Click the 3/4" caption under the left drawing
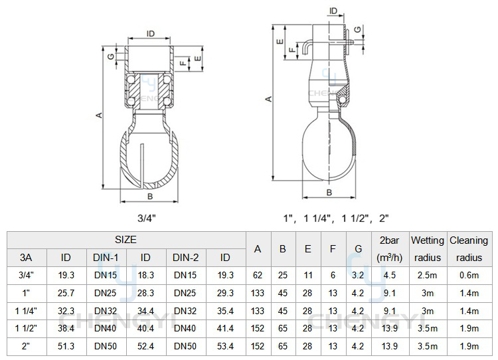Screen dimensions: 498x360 [147, 218]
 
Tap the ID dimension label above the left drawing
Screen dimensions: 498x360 [150, 33]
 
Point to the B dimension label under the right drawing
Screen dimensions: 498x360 [329, 192]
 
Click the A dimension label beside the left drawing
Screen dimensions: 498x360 [100, 115]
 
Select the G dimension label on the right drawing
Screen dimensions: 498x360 [358, 29]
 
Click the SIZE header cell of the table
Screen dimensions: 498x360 [125, 240]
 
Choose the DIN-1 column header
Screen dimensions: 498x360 [106, 257]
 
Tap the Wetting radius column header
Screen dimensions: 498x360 [428, 249]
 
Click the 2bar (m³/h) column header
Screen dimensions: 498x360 [389, 249]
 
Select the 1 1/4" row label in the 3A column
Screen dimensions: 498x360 [26, 311]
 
